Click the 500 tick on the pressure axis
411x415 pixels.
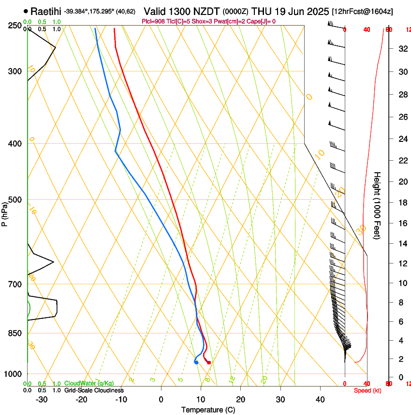(15, 200)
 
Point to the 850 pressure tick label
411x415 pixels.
(15, 333)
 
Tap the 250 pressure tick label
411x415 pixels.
(15, 25)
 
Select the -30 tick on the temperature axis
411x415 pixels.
(42, 399)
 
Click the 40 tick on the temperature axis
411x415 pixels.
(320, 399)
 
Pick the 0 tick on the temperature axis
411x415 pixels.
(161, 399)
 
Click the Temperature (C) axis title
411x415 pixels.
(208, 410)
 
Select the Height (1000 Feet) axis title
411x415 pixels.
(378, 205)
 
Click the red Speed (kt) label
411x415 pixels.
(367, 390)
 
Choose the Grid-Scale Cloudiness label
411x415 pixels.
(94, 390)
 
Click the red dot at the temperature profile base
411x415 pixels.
(209, 362)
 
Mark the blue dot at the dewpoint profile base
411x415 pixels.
(196, 362)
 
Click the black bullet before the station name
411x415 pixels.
(26, 11)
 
